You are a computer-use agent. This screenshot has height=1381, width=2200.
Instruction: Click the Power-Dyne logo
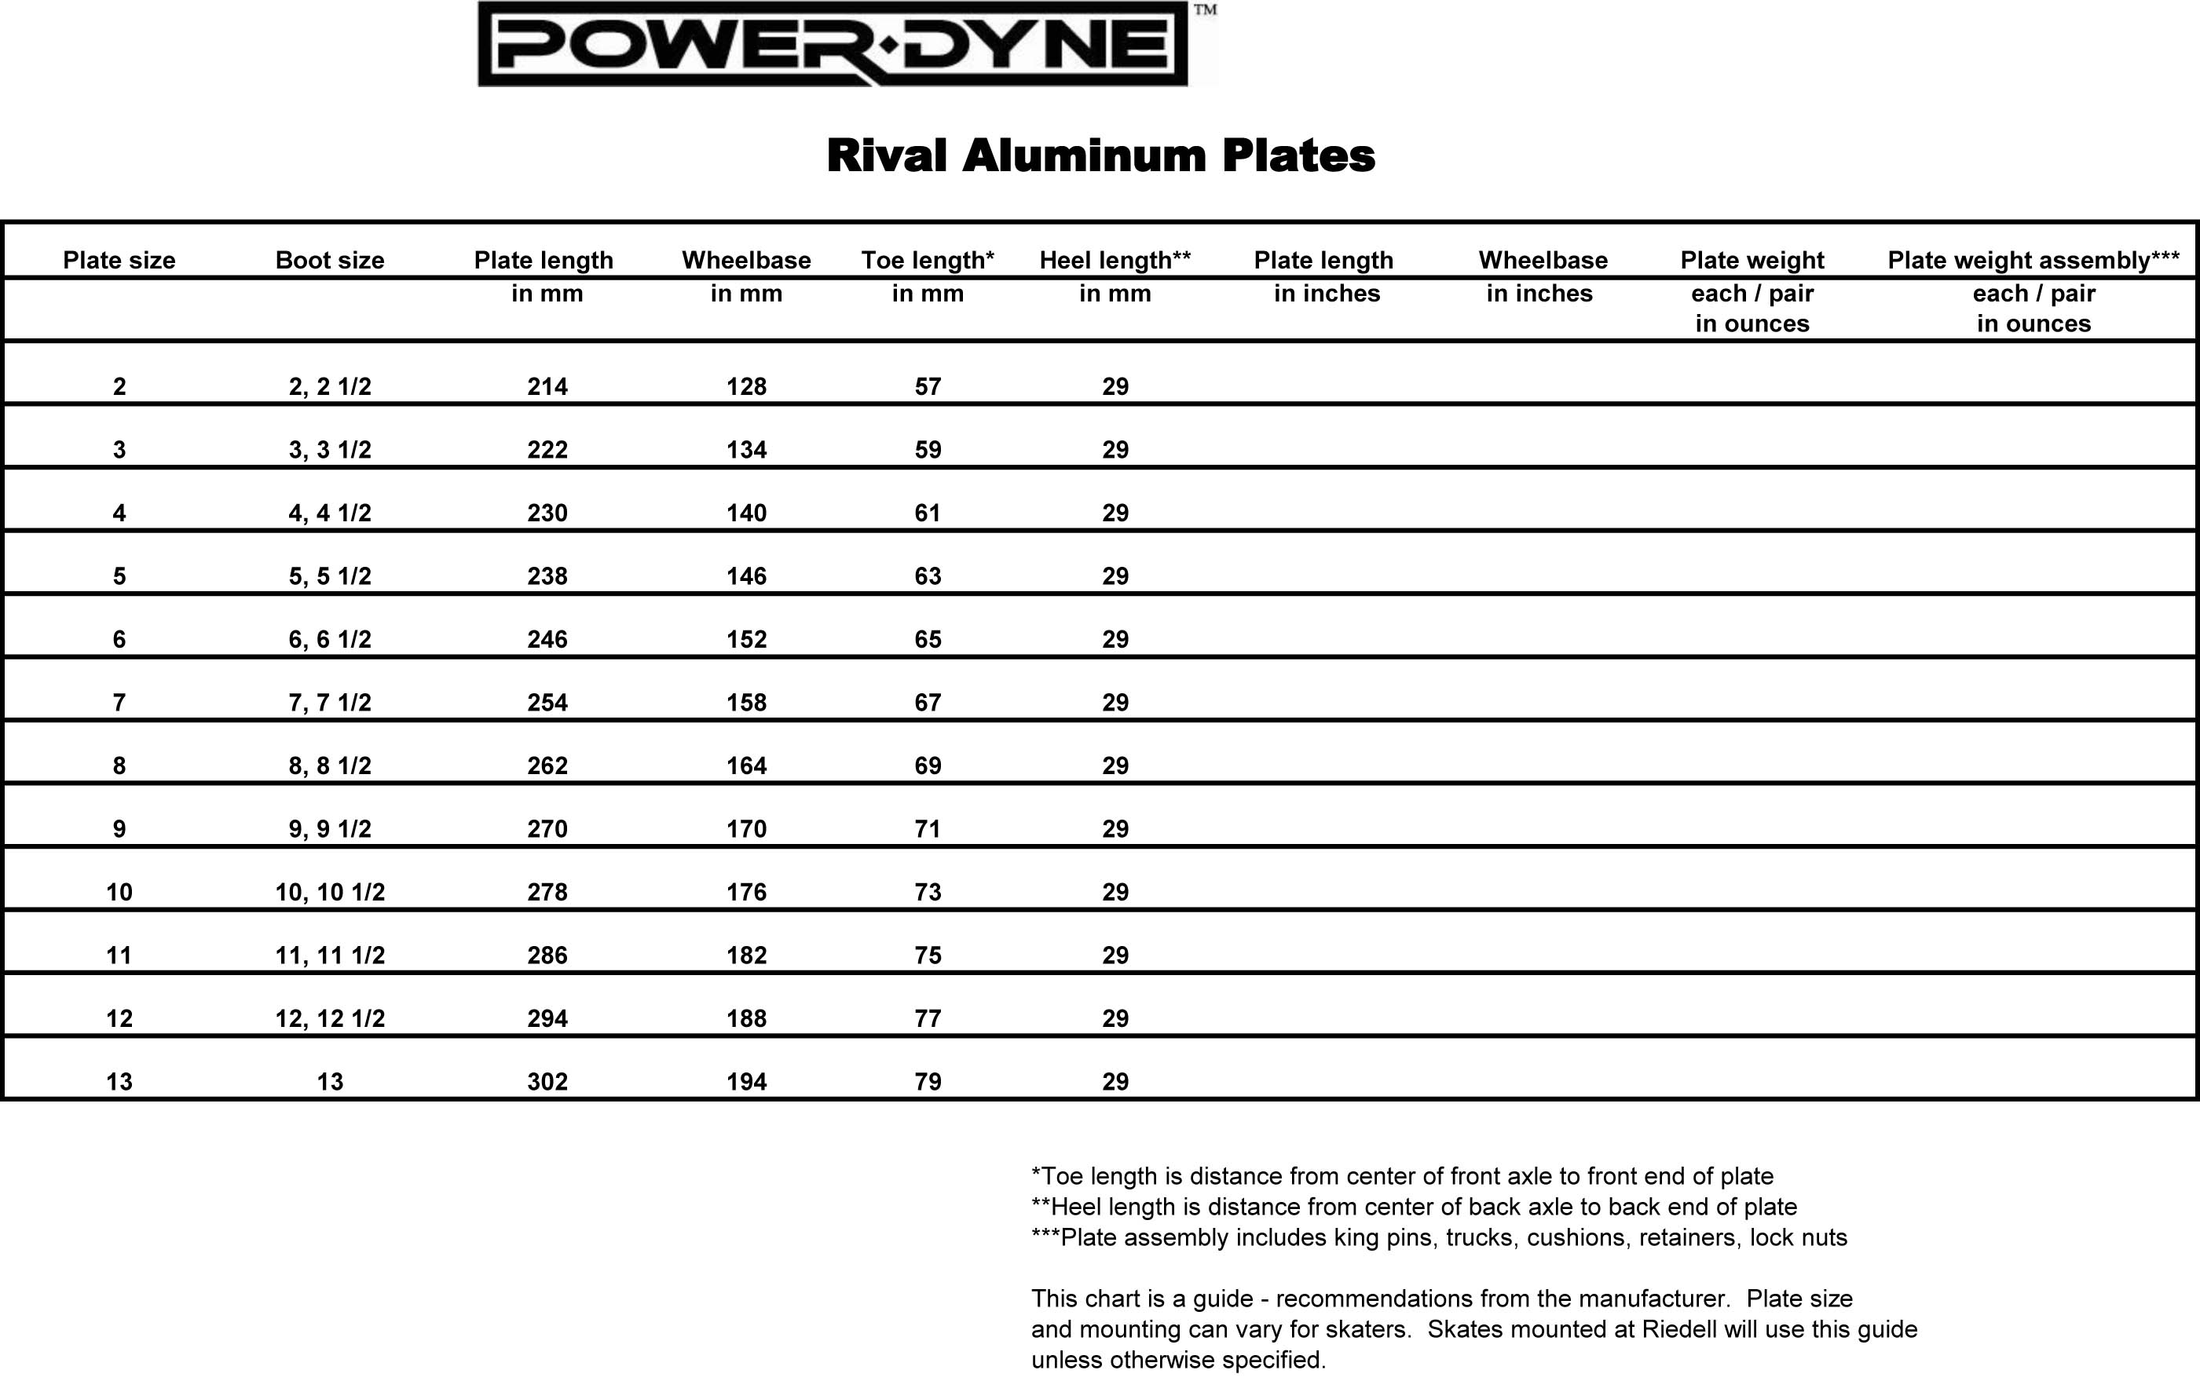click(x=833, y=44)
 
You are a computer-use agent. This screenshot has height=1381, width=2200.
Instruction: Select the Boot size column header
click(x=330, y=261)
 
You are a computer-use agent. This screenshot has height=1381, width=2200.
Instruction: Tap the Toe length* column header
click(x=928, y=261)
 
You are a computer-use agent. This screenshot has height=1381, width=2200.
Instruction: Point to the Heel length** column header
click(x=1115, y=261)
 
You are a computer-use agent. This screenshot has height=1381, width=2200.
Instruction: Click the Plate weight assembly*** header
click(x=2033, y=261)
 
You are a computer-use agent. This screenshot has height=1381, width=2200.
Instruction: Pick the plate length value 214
click(x=547, y=387)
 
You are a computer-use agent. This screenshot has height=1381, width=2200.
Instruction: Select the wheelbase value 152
click(x=746, y=639)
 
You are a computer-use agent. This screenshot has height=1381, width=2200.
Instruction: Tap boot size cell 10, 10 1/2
click(x=330, y=893)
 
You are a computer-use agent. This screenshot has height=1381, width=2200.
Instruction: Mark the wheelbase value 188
click(x=746, y=1019)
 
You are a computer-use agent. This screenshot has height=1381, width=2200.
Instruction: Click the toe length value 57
click(x=928, y=387)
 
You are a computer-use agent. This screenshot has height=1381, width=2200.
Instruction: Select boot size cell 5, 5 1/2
click(x=330, y=576)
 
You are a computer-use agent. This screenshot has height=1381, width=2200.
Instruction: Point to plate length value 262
click(x=547, y=766)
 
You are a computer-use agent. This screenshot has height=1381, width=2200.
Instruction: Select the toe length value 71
click(x=928, y=829)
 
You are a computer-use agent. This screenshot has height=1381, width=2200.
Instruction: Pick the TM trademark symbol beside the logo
click(x=1205, y=10)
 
